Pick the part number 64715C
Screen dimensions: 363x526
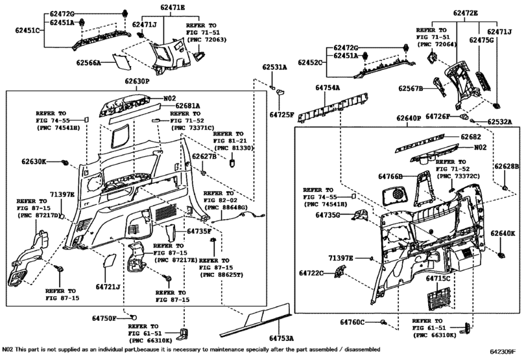pyautogui.click(x=438, y=278)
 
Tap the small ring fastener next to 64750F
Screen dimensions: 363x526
pyautogui.click(x=134, y=317)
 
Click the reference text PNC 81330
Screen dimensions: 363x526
pyautogui.click(x=230, y=148)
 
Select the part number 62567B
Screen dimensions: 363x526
pyautogui.click(x=411, y=88)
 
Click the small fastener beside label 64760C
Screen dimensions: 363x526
pyautogui.click(x=384, y=322)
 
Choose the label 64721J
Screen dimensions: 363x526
pyautogui.click(x=108, y=286)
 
